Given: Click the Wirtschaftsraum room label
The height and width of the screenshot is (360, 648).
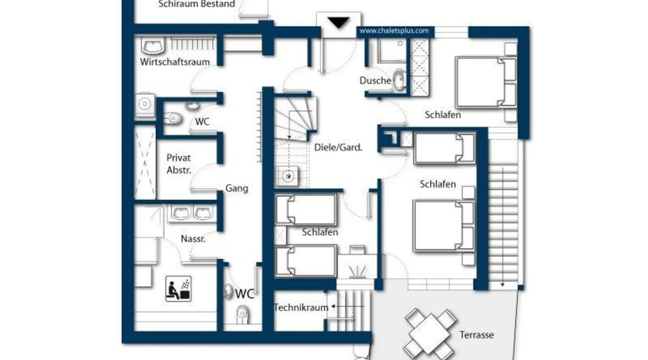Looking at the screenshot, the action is tap(175, 62).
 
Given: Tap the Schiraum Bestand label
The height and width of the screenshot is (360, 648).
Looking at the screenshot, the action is tap(197, 4).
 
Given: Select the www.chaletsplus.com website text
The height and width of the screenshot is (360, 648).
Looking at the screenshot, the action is tap(394, 31).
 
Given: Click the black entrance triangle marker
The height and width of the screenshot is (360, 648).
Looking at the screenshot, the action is tap(338, 23).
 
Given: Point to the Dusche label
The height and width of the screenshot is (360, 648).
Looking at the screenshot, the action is tap(375, 80).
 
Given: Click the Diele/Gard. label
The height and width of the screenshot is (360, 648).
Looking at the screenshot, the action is tap(338, 147).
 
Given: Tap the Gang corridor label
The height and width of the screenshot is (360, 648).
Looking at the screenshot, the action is tap(237, 188).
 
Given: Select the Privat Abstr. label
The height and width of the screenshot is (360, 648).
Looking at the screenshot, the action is tap(179, 164).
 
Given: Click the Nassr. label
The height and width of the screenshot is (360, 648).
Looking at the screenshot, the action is tap(193, 239).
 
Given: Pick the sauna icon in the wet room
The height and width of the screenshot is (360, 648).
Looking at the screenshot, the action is tap(178, 289).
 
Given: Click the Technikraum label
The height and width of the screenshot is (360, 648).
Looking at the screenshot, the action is tap(301, 307).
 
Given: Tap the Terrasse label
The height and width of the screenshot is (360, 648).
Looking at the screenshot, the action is tap(477, 335).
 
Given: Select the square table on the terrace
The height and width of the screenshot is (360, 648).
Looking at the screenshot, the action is tap(430, 332).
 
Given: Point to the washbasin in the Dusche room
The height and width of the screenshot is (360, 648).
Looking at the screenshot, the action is tap(399, 79).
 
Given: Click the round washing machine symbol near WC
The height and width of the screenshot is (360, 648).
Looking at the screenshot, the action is tap(145, 104).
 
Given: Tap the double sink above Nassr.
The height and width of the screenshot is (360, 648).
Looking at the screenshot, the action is tap(192, 213).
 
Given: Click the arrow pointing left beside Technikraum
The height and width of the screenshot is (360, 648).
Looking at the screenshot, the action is tap(348, 306).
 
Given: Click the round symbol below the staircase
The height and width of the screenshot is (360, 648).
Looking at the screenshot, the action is tap(288, 176).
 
